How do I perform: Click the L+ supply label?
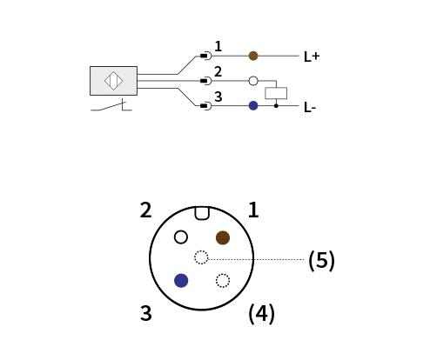tap(312, 57)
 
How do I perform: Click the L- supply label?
tap(310, 108)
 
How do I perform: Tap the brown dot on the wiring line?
tap(253, 56)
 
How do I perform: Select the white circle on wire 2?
tap(253, 81)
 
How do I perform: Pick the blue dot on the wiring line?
tap(253, 106)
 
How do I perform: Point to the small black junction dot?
tap(276, 106)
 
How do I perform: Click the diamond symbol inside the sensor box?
tap(113, 81)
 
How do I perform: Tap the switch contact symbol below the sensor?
tap(111, 105)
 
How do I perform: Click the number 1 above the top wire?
tap(218, 46)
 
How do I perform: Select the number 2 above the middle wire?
tap(218, 71)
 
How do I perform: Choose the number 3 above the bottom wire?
tap(218, 97)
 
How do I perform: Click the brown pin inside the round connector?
tap(223, 237)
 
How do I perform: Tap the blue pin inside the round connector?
tap(181, 281)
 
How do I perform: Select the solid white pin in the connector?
tap(181, 237)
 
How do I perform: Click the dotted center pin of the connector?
tap(201, 257)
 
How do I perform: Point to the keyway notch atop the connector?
tap(202, 213)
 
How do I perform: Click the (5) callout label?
tap(321, 260)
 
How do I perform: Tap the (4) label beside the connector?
tap(261, 314)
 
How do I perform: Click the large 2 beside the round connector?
tap(145, 210)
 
